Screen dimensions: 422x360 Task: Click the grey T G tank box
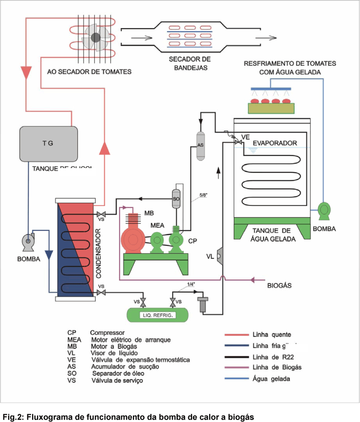pos(48,143)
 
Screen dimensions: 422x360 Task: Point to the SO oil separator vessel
pos(176,198)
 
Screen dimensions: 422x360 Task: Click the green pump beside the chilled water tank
pos(323,209)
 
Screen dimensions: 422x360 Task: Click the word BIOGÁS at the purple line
pos(279,285)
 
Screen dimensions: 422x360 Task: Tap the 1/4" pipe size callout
pos(192,284)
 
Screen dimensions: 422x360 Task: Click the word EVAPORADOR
pos(275,143)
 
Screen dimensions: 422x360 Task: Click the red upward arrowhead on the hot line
pos(104,148)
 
